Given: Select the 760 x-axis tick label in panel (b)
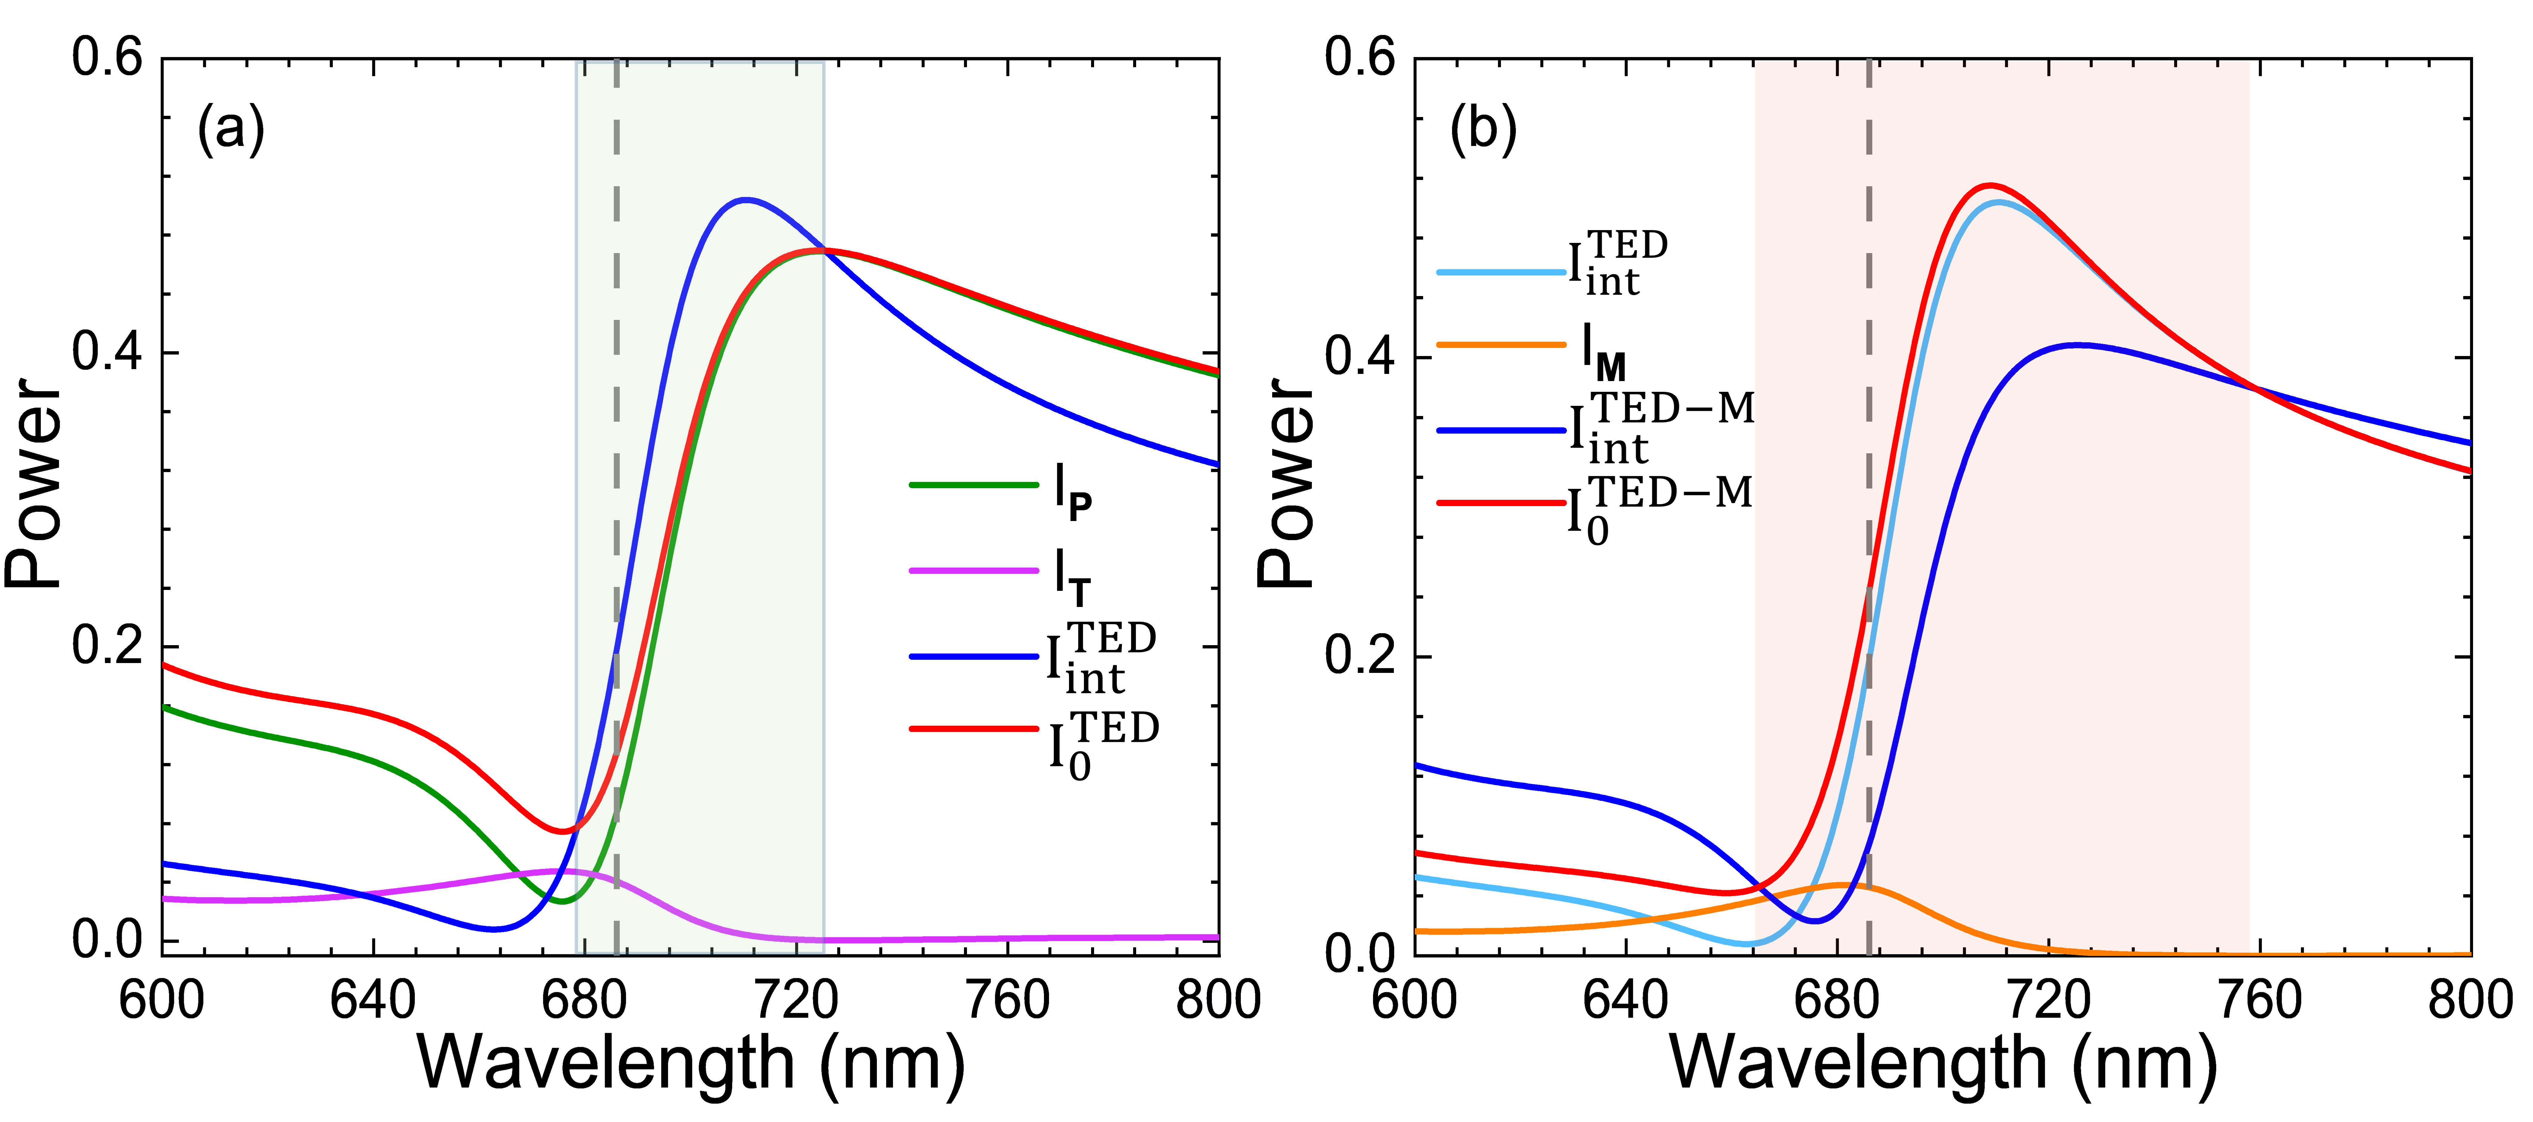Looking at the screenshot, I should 2260,1001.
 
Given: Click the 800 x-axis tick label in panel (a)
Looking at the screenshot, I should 1217,1001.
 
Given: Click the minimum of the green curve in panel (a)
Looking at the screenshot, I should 561,901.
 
